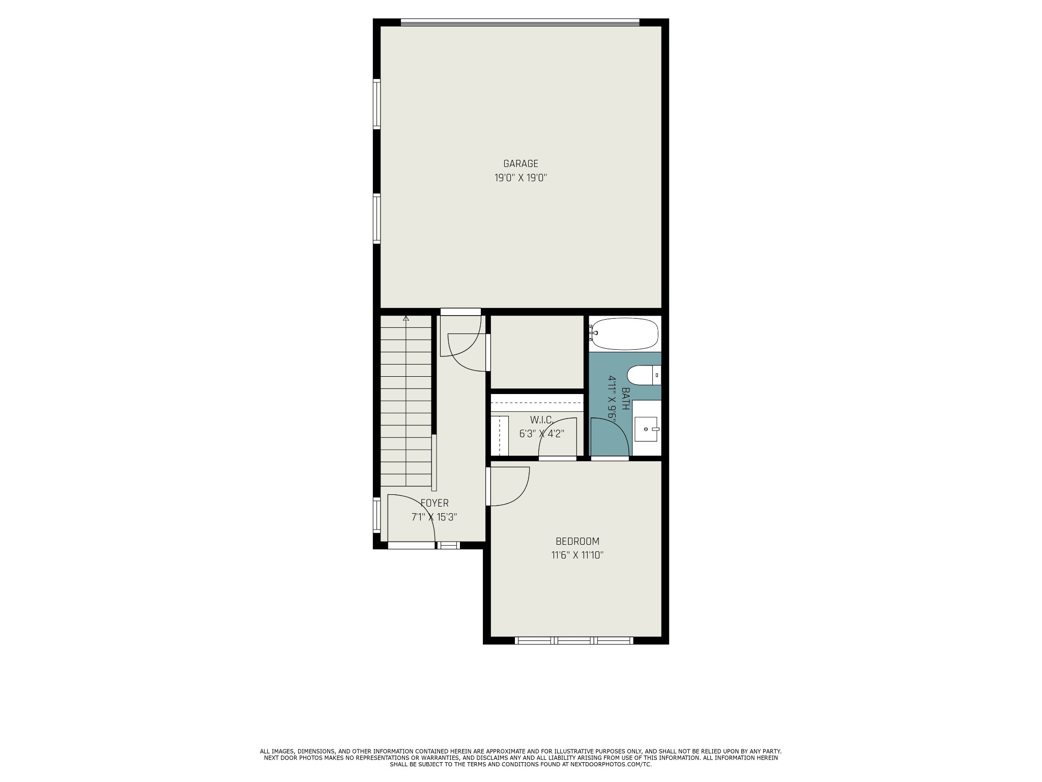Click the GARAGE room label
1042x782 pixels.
(x=520, y=164)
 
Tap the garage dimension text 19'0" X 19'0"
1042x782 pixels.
(x=520, y=178)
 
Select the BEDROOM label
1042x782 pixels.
(x=577, y=541)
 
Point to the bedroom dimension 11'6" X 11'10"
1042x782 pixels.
(x=577, y=555)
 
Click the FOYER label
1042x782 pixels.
(x=435, y=503)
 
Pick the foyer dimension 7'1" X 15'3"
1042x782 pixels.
(x=435, y=517)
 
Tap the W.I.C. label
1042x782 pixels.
(x=541, y=420)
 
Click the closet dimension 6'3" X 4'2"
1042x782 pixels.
(x=541, y=434)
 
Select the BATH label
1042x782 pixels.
(x=626, y=399)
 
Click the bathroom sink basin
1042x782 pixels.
(x=646, y=429)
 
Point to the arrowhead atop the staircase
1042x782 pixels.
(x=406, y=318)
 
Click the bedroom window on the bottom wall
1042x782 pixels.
(x=574, y=640)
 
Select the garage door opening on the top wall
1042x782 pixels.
(x=520, y=22)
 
